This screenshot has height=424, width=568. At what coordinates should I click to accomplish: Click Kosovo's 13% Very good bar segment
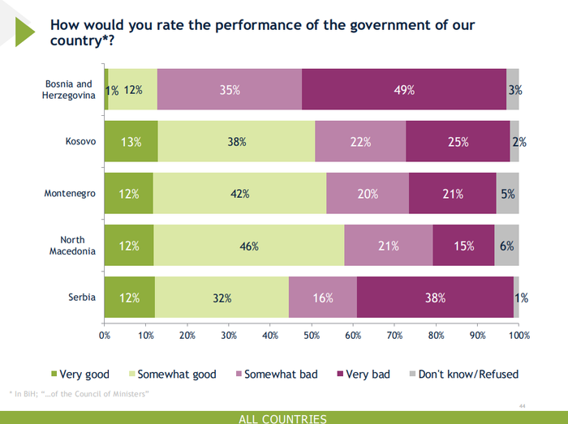click(x=131, y=142)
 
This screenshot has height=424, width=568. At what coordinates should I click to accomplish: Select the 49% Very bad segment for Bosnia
click(x=404, y=90)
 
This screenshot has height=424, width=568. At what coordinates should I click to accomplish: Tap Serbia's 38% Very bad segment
click(x=435, y=298)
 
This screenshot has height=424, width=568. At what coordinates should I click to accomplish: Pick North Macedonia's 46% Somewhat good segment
click(x=248, y=246)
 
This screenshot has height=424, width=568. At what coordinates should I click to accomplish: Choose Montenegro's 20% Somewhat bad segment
click(x=368, y=194)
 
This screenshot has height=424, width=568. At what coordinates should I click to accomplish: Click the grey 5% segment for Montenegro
click(x=507, y=194)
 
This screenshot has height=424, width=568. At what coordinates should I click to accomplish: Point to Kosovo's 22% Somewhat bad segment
click(x=360, y=142)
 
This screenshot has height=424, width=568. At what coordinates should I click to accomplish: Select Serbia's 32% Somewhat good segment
click(x=222, y=298)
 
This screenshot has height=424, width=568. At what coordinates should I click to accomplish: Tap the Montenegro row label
click(x=71, y=194)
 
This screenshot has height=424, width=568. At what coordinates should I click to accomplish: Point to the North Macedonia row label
click(x=78, y=246)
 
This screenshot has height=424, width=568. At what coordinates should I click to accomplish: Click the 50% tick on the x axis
click(x=312, y=335)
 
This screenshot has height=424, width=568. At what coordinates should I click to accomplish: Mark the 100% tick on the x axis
click(x=519, y=335)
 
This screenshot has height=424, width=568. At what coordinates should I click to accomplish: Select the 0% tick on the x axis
click(x=105, y=335)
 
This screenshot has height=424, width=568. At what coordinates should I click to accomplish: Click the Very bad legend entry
click(x=366, y=375)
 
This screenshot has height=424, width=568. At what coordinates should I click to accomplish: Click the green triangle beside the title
click(x=24, y=31)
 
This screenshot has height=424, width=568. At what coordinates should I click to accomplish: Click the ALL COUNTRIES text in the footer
click(x=283, y=418)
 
